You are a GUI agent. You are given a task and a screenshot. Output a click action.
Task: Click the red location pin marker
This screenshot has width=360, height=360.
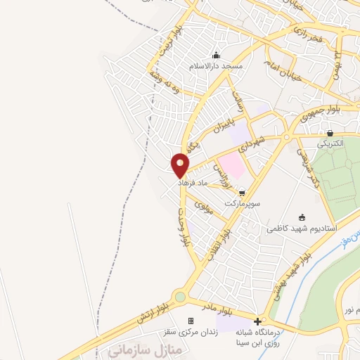pyautogui.click(x=181, y=163)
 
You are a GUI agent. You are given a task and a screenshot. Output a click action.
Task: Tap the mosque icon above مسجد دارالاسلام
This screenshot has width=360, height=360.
pyautogui.click(x=215, y=56)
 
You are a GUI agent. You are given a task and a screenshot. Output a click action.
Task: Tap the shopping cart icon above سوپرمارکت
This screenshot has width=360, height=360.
pyautogui.click(x=243, y=192)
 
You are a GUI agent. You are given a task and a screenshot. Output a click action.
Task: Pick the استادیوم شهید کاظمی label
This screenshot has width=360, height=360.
pyautogui.click(x=302, y=229)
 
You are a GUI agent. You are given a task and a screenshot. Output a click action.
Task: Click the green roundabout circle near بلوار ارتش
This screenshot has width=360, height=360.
pyautogui.click(x=181, y=297)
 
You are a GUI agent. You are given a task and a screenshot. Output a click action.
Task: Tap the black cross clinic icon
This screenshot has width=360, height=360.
pyautogui.click(x=257, y=321)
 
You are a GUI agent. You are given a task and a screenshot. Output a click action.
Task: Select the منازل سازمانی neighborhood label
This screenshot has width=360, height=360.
pyautogui.click(x=143, y=349)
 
